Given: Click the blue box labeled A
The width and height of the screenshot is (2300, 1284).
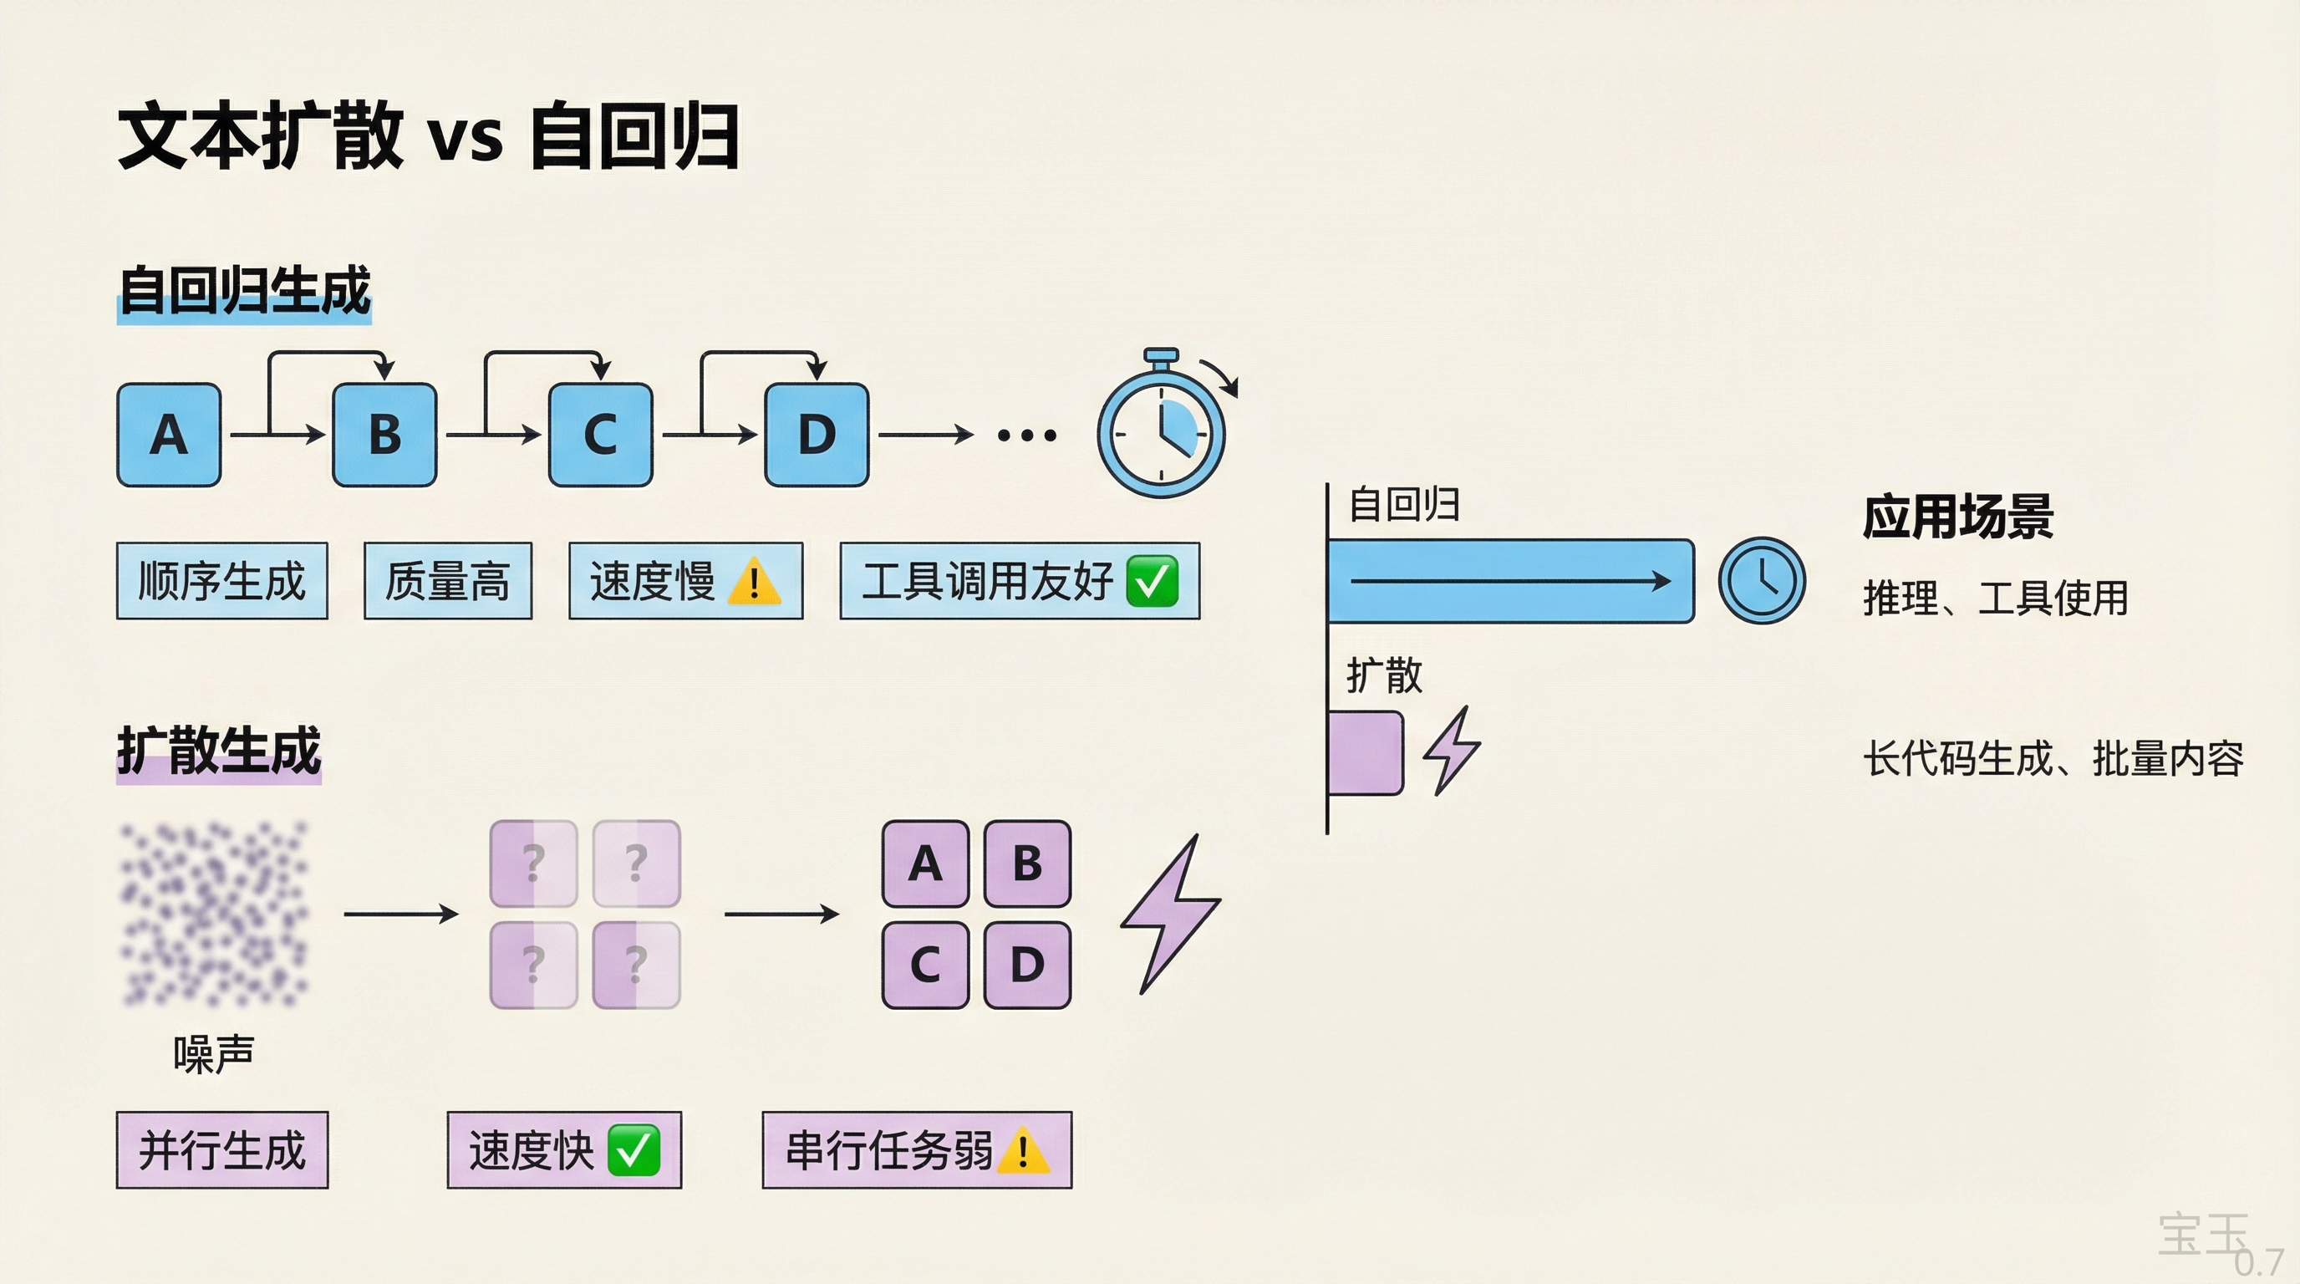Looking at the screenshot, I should pyautogui.click(x=169, y=435).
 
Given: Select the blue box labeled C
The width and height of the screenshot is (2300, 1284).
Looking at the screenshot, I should pyautogui.click(x=600, y=435).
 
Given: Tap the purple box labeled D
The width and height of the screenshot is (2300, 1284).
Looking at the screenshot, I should pyautogui.click(x=1027, y=966).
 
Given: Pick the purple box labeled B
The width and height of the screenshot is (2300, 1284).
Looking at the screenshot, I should pyautogui.click(x=1027, y=864).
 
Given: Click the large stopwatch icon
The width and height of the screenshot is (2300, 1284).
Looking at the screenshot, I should pyautogui.click(x=1161, y=433).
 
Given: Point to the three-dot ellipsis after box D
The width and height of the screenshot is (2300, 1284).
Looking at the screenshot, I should pyautogui.click(x=1027, y=436).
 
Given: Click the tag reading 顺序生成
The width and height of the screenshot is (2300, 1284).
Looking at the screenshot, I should pyautogui.click(x=221, y=581).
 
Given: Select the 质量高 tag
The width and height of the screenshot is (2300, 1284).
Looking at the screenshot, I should pyautogui.click(x=447, y=581).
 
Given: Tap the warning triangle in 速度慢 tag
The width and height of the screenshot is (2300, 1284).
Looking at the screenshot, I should pyautogui.click(x=755, y=582).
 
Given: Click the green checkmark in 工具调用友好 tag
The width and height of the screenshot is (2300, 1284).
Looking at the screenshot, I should pyautogui.click(x=1152, y=581).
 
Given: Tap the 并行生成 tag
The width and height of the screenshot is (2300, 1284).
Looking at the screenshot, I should pyautogui.click(x=221, y=1150).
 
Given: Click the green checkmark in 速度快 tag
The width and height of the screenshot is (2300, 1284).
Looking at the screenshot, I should pyautogui.click(x=633, y=1150).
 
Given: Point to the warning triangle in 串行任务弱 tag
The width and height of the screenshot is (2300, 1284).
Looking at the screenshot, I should pyautogui.click(x=1022, y=1151).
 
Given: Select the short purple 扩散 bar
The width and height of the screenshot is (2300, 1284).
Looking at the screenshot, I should pyautogui.click(x=1364, y=752).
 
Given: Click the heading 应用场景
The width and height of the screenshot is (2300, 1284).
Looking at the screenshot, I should pyautogui.click(x=1957, y=517).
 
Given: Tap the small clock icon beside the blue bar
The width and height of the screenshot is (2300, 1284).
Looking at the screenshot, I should pyautogui.click(x=1762, y=580).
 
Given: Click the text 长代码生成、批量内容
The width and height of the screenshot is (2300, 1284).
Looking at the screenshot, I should pyautogui.click(x=2053, y=759).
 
